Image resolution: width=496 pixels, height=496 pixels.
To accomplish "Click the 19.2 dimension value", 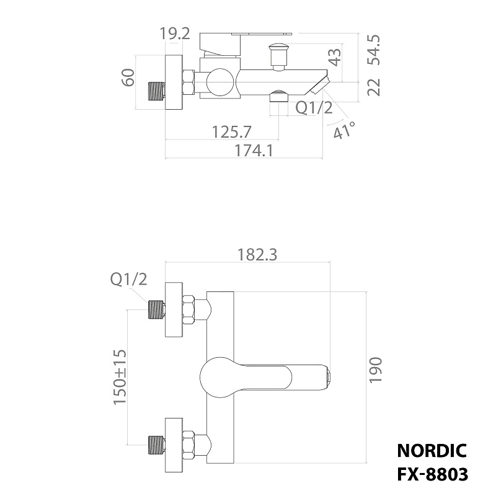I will click(174, 33).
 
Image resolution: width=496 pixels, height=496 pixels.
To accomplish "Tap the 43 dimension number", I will click(335, 57).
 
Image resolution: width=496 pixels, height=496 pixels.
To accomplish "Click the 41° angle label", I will click(345, 130).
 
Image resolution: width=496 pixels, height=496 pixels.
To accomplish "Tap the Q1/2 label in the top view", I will click(314, 108).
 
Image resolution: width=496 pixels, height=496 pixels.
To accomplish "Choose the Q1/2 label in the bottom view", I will click(129, 280).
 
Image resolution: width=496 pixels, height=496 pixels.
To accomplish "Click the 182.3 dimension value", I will click(257, 255).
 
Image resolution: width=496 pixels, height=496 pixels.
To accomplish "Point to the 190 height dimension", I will click(376, 370).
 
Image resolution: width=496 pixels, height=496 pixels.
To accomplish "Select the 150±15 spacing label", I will click(120, 377).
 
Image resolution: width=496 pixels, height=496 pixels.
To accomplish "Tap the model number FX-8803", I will click(432, 474).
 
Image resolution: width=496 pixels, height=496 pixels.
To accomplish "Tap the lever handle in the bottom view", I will click(267, 376).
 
